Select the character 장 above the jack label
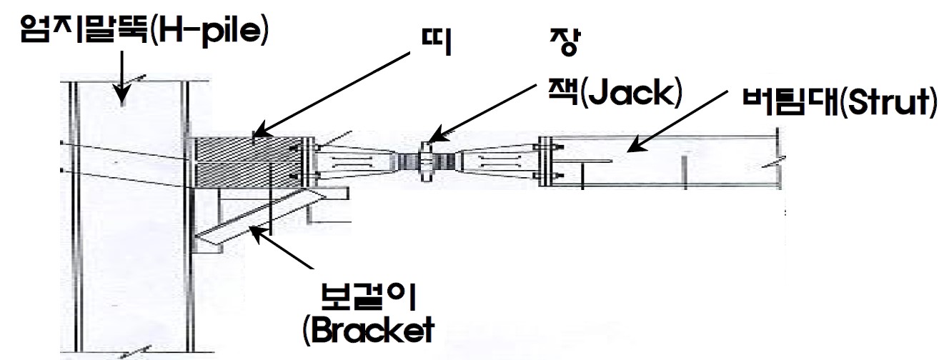click(562, 43)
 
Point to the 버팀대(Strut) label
click(836, 103)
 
